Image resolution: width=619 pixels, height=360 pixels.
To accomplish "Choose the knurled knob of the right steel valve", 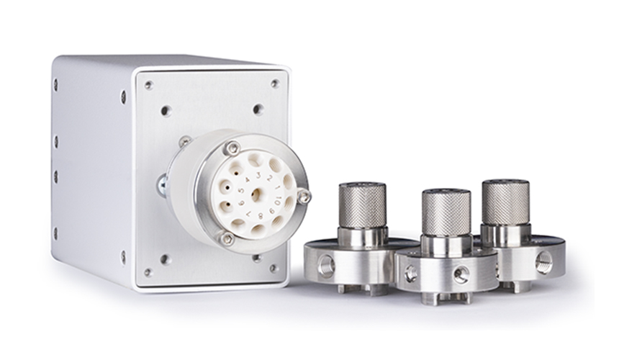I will [505, 201].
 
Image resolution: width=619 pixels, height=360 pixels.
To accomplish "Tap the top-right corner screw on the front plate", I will [274, 84].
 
